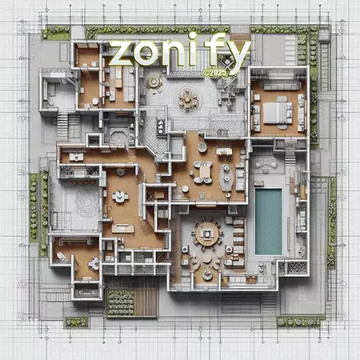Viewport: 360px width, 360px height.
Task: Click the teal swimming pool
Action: click(x=268, y=222)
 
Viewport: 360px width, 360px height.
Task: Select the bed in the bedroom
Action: click(x=278, y=113)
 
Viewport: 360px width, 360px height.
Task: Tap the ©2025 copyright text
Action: click(x=214, y=73)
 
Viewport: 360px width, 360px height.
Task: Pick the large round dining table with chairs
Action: click(x=207, y=234)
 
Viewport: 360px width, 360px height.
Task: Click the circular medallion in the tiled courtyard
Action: click(x=187, y=99)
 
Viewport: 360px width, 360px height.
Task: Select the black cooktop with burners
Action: click(x=161, y=126)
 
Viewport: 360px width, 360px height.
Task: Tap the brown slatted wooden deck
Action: click(x=146, y=302)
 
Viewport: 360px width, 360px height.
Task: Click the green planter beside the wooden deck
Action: click(x=120, y=302)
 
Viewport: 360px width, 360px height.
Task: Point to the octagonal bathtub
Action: click(x=119, y=137)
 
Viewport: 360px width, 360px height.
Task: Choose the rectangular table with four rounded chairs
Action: click(x=203, y=172)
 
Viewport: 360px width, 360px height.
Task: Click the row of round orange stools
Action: click(x=83, y=182)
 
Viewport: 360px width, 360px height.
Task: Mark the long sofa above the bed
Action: click(x=281, y=86)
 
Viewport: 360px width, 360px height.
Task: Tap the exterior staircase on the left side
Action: click(x=62, y=126)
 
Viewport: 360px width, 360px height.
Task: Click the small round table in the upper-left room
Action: click(x=95, y=101)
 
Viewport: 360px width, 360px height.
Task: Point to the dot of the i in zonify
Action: click(x=191, y=36)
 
